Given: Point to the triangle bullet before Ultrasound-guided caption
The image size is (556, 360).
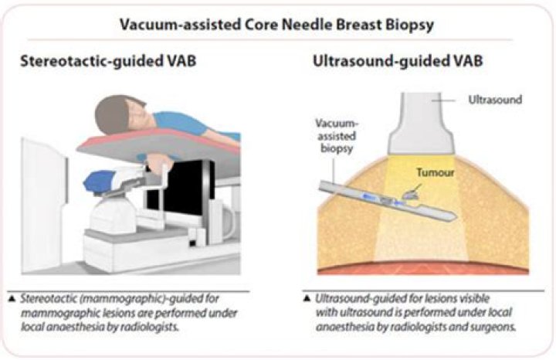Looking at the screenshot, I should (307, 297).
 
